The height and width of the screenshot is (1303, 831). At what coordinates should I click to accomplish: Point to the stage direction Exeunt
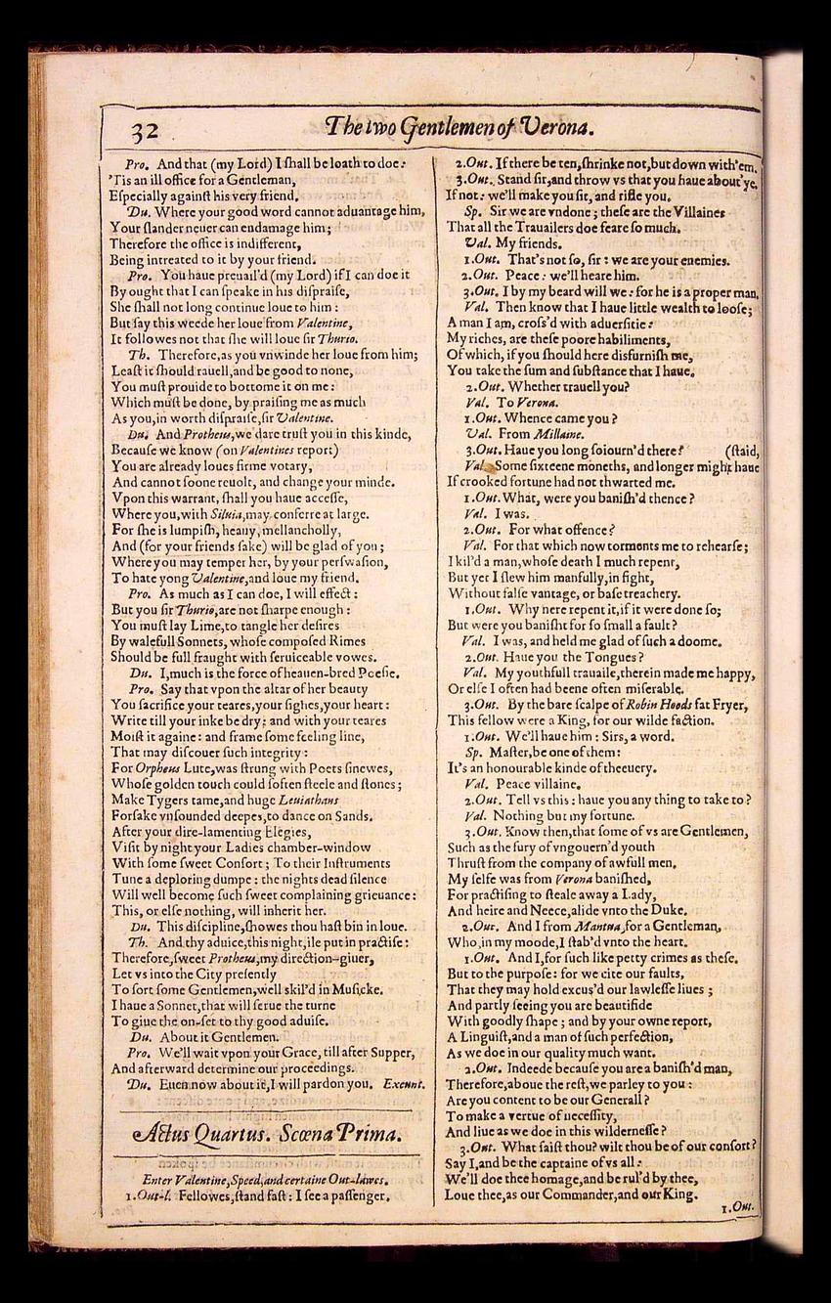(404, 1083)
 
